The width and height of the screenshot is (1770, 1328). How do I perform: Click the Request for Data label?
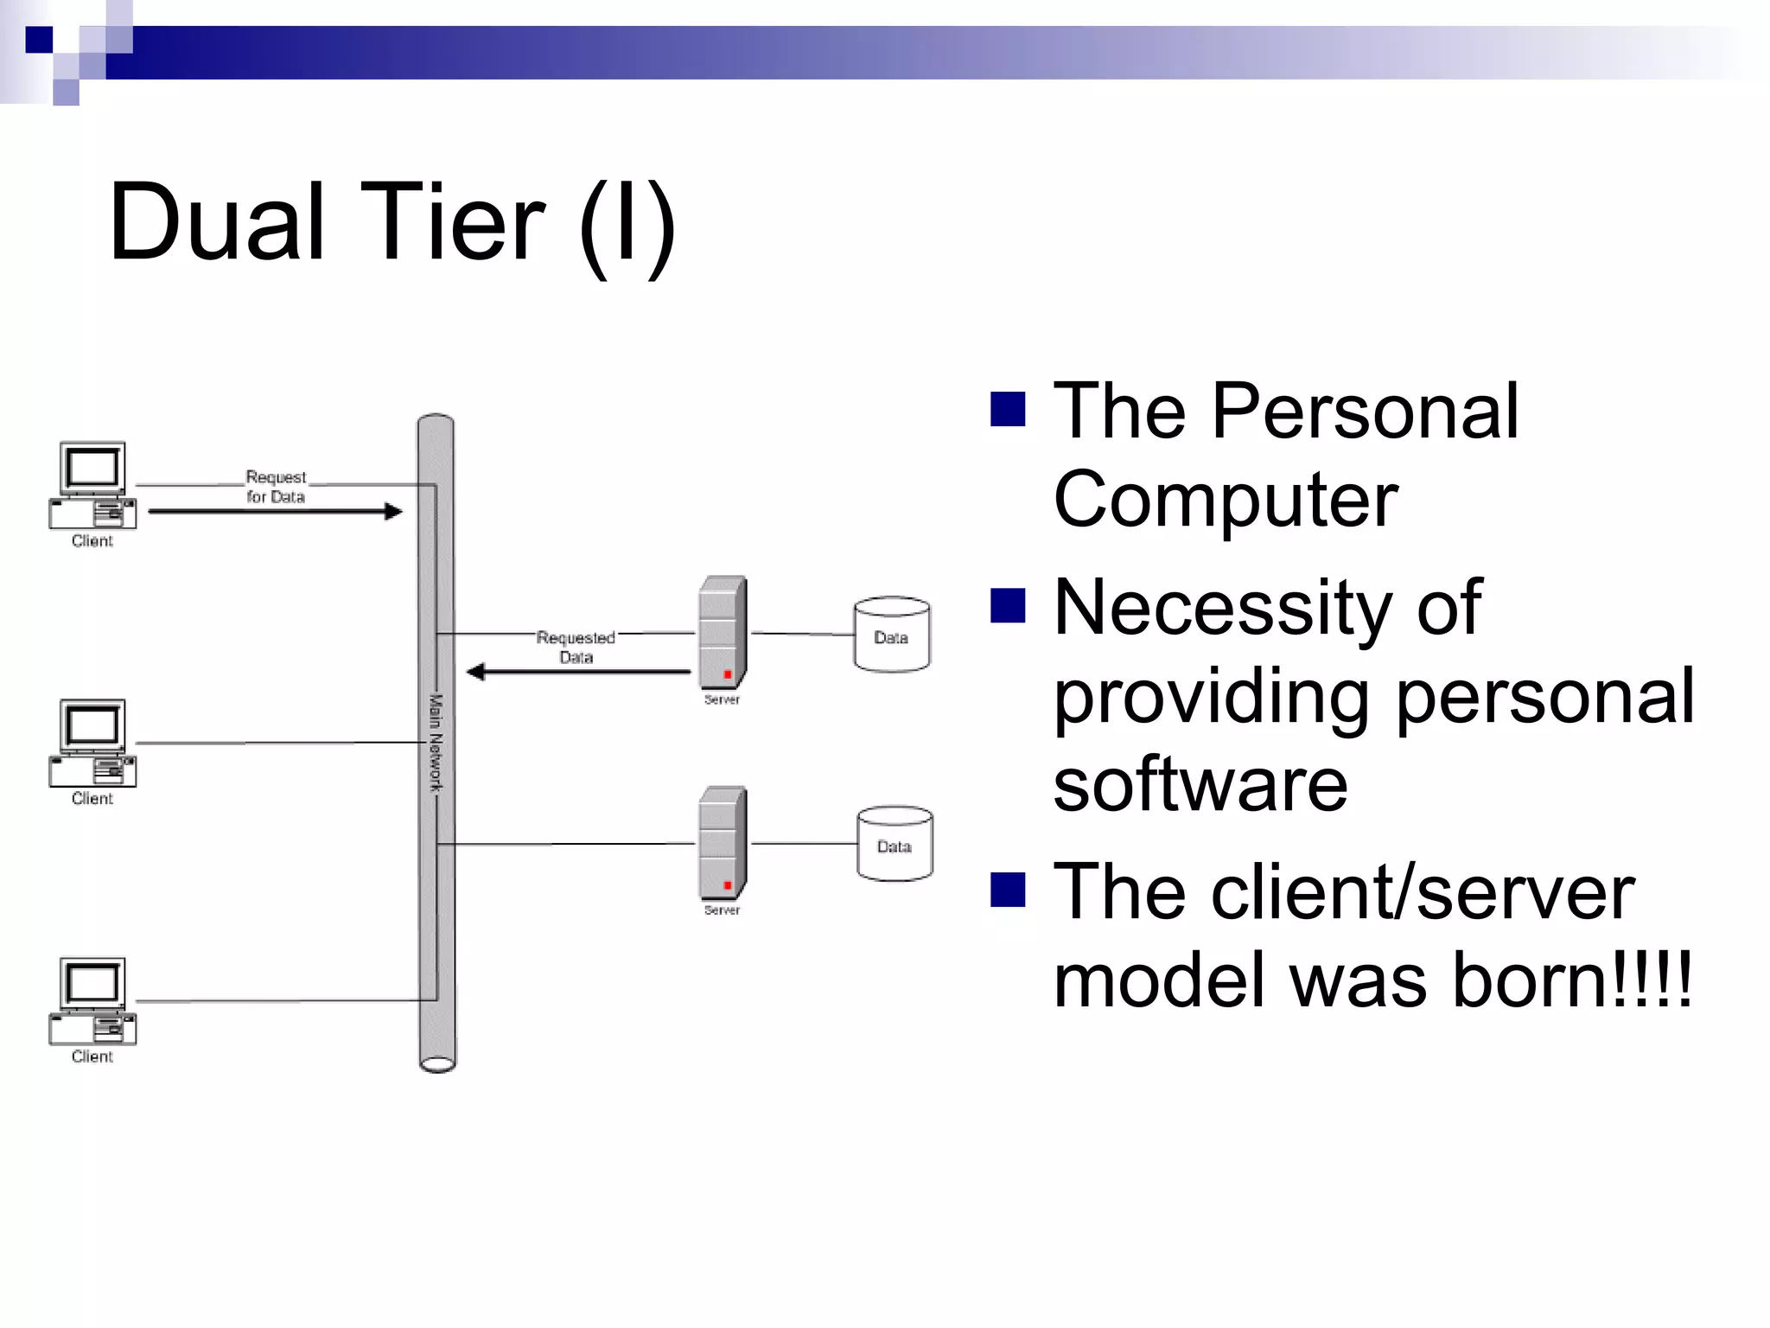(x=276, y=487)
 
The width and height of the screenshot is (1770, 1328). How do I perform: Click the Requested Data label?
(x=576, y=647)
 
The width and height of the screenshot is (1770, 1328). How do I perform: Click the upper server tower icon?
(x=723, y=633)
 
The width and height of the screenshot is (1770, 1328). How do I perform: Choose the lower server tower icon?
(x=723, y=843)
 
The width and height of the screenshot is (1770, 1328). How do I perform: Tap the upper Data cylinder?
(x=892, y=635)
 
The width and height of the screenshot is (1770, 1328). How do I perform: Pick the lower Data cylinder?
(x=895, y=844)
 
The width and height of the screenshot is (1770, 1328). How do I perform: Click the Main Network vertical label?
(x=436, y=742)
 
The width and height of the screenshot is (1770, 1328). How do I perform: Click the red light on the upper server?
(x=728, y=674)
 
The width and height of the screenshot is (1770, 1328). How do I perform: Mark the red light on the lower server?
(x=728, y=885)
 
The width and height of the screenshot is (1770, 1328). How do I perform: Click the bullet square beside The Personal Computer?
(x=1008, y=410)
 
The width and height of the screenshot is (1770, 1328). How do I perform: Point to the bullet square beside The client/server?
(x=1008, y=890)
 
